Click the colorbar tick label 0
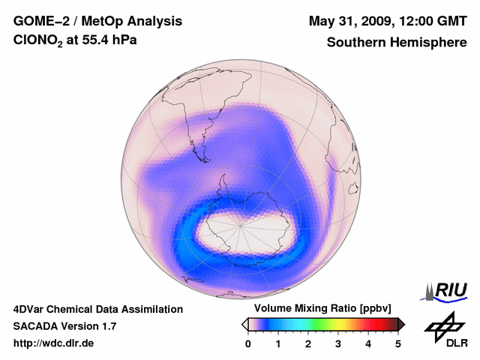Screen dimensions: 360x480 [x=248, y=343]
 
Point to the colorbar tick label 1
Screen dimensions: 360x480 [x=278, y=343]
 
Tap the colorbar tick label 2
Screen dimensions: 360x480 [x=308, y=343]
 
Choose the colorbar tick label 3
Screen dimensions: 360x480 [x=338, y=343]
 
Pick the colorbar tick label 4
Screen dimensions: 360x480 [x=368, y=343]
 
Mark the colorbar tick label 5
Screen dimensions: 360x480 [x=398, y=343]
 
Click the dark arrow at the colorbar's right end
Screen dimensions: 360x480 [x=401, y=324]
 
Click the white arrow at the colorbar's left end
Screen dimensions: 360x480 [x=245, y=324]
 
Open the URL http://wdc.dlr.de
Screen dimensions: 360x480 [x=54, y=343]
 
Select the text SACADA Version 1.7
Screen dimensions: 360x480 [x=64, y=326]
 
